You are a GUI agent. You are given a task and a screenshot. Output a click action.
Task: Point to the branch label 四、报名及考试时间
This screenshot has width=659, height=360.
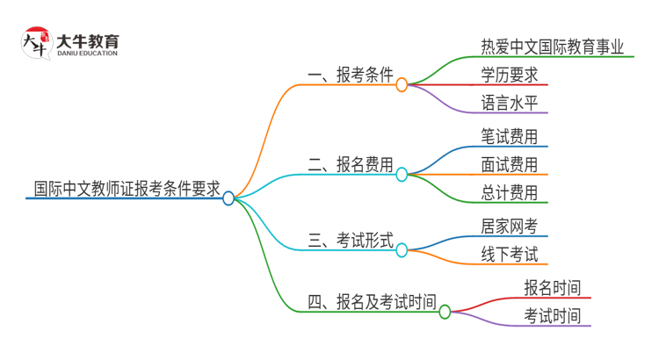click(x=372, y=302)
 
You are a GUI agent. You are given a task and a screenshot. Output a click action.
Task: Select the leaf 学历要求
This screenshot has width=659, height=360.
click(x=510, y=74)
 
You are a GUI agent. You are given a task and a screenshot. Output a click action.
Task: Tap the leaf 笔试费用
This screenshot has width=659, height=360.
click(x=510, y=136)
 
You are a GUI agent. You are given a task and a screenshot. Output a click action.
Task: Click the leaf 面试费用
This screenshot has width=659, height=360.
click(x=510, y=164)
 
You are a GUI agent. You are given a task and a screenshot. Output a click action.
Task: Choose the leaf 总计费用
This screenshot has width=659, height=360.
click(x=510, y=192)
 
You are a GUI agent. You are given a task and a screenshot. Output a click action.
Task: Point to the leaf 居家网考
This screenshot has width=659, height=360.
click(x=510, y=227)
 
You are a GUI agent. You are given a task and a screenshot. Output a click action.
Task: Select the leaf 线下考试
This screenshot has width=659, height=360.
click(x=510, y=255)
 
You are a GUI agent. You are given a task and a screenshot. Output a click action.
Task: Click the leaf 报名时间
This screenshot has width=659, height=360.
click(x=552, y=288)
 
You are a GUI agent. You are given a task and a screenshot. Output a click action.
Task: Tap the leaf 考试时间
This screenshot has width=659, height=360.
click(x=552, y=316)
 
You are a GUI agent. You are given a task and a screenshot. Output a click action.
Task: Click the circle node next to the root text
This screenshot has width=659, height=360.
click(x=228, y=198)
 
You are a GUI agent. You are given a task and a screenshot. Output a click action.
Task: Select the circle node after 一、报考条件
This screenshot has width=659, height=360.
click(x=402, y=85)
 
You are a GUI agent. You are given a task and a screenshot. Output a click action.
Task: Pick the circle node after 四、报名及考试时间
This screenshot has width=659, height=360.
click(x=445, y=312)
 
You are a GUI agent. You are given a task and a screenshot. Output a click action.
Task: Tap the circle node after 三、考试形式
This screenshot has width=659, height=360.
click(x=402, y=250)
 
